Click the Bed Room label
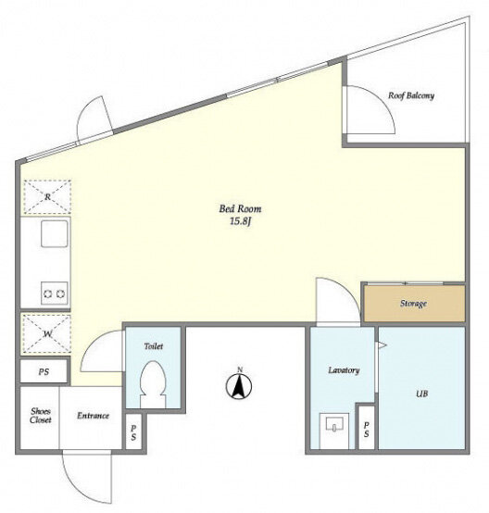pos(240,208)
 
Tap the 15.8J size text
pos(240,221)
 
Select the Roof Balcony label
pos(411,95)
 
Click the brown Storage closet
pos(414,304)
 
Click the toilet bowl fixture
pos(153,384)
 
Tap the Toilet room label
pos(154,345)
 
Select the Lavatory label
pos(344,370)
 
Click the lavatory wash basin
pos(333,425)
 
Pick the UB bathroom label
pos(421,394)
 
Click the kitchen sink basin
pos(55,233)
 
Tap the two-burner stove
pos(55,294)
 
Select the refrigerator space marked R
pos(47,197)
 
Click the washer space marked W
pos(47,334)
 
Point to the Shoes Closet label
pos(40,416)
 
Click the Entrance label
pos(93,416)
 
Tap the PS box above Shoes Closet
pos(44,371)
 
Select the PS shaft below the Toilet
pos(133,432)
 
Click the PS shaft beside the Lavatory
pos(366,429)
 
